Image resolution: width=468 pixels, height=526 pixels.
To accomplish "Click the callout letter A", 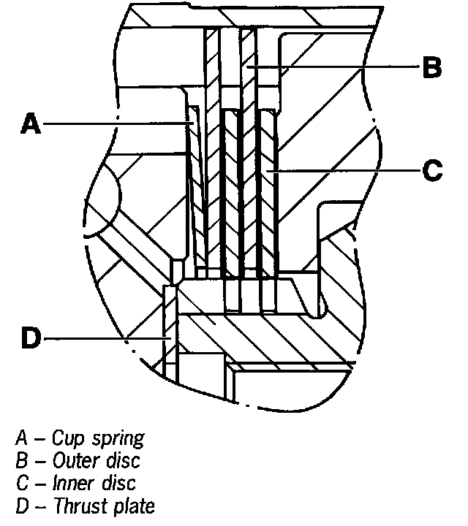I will tap(30, 125).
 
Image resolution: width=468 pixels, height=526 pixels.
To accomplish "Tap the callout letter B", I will tap(431, 69).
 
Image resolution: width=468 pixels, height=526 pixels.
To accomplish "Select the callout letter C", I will tap(431, 171).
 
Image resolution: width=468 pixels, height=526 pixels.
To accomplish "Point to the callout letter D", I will tap(30, 338).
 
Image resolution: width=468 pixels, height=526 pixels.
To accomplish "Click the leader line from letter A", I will tap(117, 125).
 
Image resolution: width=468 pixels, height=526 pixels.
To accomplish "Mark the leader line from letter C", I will tap(344, 171).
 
